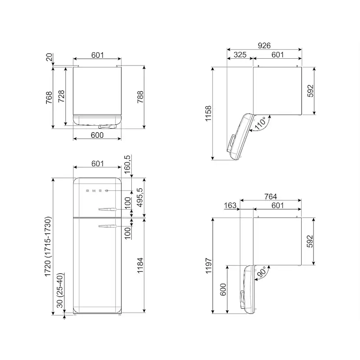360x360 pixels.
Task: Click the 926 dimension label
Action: (x=264, y=46)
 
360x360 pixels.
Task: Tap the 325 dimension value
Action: (x=240, y=55)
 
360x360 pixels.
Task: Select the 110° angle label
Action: (x=260, y=123)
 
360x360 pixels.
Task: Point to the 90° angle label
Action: (x=261, y=272)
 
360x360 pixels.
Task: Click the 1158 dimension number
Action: (x=208, y=113)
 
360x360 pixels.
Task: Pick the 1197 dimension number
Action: (x=208, y=266)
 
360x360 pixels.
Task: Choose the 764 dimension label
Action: (x=270, y=197)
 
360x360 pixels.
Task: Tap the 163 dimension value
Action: (x=230, y=205)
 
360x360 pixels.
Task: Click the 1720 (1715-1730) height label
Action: (x=47, y=247)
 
